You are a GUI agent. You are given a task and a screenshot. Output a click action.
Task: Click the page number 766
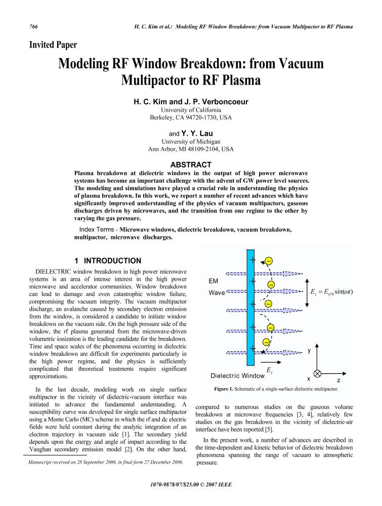[x=35, y=26]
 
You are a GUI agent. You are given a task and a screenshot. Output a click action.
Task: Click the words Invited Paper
[x=54, y=45]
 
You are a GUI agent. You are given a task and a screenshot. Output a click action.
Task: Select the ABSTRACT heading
[x=191, y=164]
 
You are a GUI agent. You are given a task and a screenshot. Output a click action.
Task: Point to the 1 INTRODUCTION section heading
[x=108, y=261]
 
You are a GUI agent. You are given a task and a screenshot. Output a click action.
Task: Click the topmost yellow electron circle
[x=269, y=261]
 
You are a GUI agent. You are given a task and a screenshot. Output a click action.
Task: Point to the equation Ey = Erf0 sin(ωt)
[x=331, y=291]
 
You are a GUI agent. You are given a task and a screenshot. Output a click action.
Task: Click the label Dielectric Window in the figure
[x=237, y=376]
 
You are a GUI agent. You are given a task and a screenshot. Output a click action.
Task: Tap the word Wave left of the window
[x=217, y=293]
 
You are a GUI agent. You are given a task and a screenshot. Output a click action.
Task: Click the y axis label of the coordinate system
[x=309, y=350]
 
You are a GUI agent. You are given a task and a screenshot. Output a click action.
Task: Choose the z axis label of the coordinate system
[x=338, y=378]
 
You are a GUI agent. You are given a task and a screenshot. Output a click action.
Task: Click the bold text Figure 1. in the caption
[x=226, y=389]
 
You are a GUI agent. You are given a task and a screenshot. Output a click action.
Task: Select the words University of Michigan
[x=191, y=142]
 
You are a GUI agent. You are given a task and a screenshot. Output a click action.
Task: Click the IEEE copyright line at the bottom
[x=191, y=484]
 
